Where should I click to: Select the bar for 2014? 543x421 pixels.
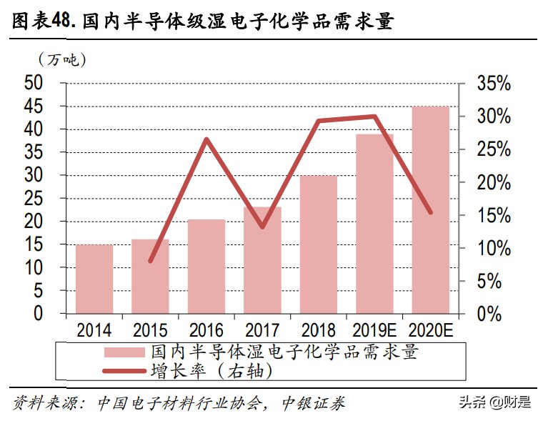tap(94, 279)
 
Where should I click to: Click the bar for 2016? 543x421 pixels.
tap(206, 267)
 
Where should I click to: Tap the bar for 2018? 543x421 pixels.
tap(319, 244)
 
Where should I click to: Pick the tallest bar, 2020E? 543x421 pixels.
tap(431, 210)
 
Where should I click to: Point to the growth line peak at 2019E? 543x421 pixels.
tap(374, 117)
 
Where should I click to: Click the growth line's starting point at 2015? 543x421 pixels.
tap(151, 261)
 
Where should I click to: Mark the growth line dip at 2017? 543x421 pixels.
tap(262, 227)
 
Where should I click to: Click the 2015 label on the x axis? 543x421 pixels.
tap(150, 330)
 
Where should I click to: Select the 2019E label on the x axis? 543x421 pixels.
tap(374, 330)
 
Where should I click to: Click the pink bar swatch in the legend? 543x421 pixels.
tap(124, 352)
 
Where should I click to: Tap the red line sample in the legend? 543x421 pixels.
tap(124, 371)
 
